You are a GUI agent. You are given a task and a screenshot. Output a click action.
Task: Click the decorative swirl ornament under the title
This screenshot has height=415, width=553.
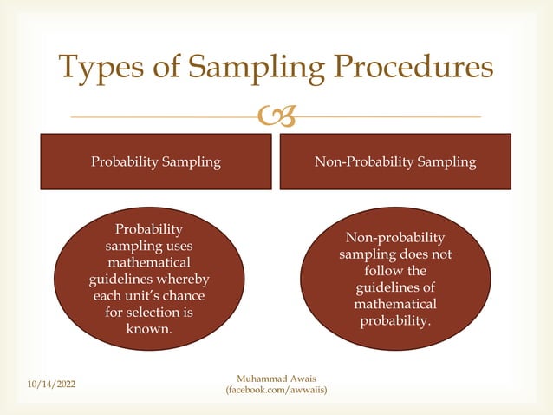(277, 116)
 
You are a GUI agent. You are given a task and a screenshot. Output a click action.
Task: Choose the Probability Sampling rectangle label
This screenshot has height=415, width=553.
(157, 161)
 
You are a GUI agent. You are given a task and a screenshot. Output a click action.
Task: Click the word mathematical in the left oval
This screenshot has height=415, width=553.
(149, 262)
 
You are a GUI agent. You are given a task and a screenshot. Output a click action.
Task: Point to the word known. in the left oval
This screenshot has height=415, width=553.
(149, 329)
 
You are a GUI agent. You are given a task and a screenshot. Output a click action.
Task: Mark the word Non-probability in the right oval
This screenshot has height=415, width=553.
(395, 238)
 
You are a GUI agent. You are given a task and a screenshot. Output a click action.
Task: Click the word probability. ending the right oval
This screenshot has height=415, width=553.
(395, 321)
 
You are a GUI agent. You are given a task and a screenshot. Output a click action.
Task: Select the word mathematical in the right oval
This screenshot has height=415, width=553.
(395, 305)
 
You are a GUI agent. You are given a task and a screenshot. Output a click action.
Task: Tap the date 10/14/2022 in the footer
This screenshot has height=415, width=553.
(50, 383)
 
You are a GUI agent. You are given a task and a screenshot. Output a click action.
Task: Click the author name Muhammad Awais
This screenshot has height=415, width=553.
(276, 379)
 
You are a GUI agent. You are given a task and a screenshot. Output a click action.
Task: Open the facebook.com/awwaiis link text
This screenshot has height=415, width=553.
(276, 392)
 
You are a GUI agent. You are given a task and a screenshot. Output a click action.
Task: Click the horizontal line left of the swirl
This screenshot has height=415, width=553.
(165, 116)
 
